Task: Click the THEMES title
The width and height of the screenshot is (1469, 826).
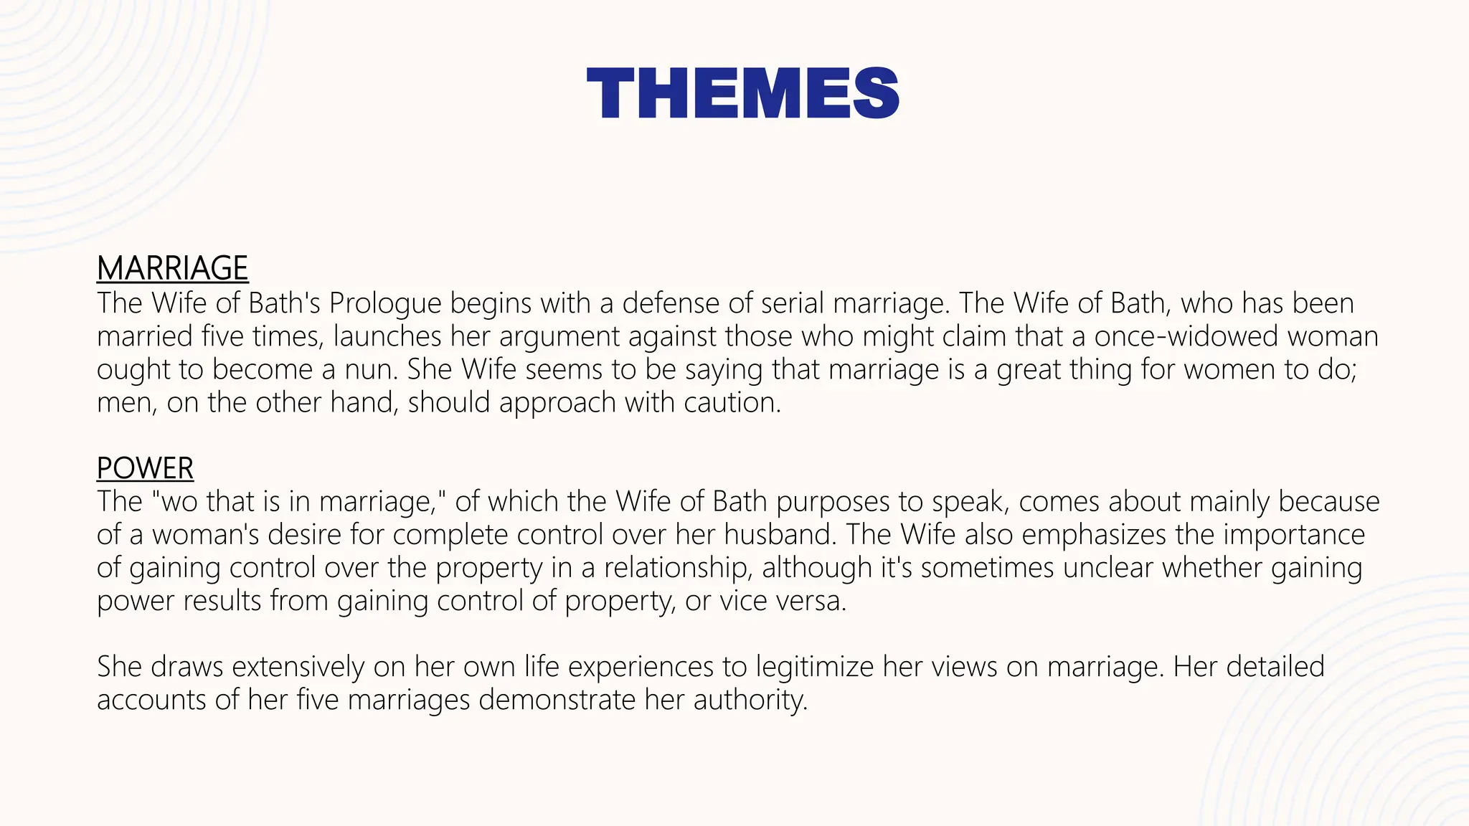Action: (742, 93)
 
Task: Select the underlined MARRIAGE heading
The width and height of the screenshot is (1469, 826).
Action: (172, 268)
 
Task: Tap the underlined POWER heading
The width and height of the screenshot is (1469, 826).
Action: (145, 468)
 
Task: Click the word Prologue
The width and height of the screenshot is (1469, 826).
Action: (385, 303)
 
